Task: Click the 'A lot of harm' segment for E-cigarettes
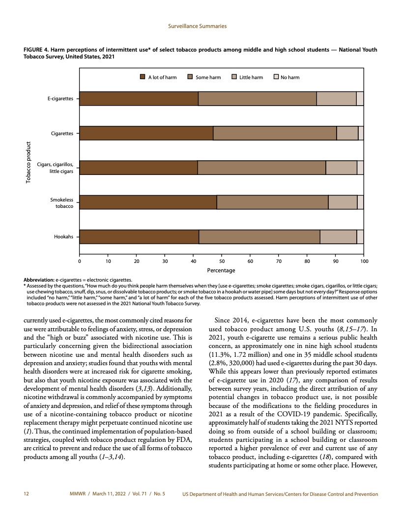point(139,99)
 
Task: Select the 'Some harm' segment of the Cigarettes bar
point(275,133)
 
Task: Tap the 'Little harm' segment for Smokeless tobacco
point(343,202)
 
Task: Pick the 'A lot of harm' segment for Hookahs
point(139,236)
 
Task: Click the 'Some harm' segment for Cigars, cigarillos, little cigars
point(261,168)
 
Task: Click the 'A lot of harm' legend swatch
point(143,77)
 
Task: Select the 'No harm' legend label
point(289,77)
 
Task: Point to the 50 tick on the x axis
point(222,255)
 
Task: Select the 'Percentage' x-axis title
point(221,270)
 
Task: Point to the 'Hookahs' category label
point(64,236)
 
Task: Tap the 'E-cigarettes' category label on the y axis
point(60,99)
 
